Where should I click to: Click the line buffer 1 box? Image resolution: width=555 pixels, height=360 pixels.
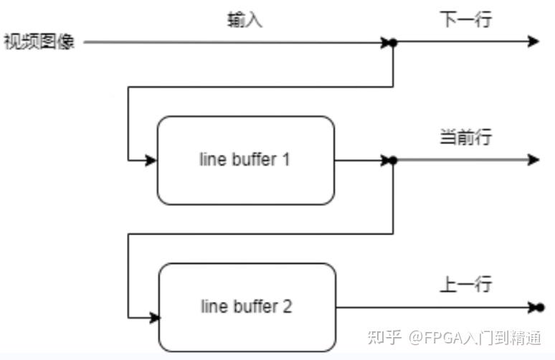(245, 161)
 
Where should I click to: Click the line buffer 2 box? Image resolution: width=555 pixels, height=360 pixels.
(247, 307)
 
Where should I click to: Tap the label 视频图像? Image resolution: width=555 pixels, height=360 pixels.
(39, 42)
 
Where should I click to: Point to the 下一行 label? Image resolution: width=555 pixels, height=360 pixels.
(465, 19)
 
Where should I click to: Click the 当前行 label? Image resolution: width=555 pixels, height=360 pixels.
(465, 137)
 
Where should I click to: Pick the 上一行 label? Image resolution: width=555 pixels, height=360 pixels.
(465, 284)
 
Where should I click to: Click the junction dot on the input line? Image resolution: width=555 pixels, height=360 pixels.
(392, 42)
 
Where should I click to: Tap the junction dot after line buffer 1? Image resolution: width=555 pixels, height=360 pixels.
(392, 161)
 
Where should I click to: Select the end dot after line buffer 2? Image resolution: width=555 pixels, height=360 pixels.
(540, 308)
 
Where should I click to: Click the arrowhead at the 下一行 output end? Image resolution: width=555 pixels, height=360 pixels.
(533, 42)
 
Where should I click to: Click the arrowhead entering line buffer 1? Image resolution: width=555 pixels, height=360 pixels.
(151, 161)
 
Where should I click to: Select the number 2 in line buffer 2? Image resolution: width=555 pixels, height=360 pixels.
(287, 306)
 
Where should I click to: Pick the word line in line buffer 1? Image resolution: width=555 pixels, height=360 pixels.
(211, 159)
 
